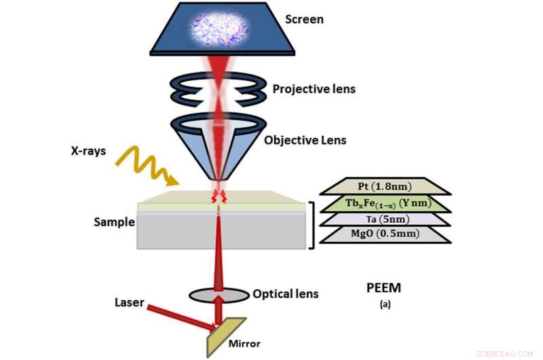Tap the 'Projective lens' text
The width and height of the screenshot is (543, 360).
tap(314, 89)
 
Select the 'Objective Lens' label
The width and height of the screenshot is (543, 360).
tap(305, 141)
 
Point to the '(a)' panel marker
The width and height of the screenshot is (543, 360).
tap(375, 305)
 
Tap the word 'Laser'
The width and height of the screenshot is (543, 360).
tap(129, 302)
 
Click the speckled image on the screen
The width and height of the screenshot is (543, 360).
tap(219, 31)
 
